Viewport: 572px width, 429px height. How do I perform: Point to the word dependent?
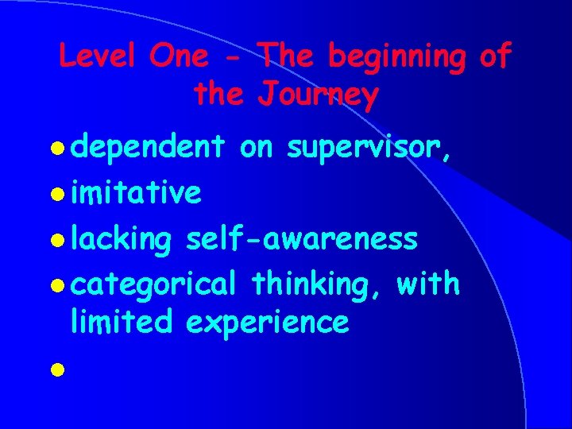click(x=147, y=148)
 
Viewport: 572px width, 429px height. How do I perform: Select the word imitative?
click(x=136, y=192)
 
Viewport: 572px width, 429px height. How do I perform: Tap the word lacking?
click(x=121, y=238)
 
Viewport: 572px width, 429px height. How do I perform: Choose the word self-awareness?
click(x=301, y=238)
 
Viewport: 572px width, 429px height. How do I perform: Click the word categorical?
click(x=153, y=283)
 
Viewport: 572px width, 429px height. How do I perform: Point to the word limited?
click(x=121, y=322)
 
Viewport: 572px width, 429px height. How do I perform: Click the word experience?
click(x=267, y=323)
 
